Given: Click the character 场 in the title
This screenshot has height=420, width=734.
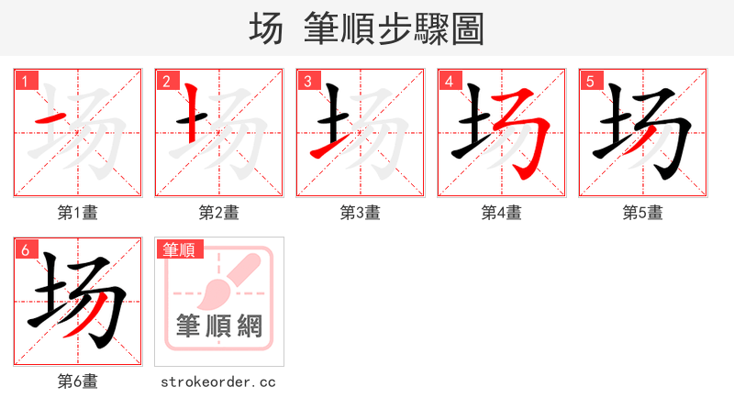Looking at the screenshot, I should (266, 29).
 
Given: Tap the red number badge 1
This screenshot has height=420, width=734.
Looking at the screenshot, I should (25, 81).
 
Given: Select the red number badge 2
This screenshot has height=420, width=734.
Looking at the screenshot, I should (166, 81).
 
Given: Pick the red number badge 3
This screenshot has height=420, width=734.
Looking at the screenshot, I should (307, 81).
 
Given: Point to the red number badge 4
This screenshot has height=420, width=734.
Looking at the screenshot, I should (449, 81).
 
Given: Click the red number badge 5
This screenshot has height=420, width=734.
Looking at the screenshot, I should (590, 81).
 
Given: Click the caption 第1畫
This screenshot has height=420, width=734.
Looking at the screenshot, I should (78, 213).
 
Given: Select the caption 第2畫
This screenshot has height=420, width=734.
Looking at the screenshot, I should (219, 213).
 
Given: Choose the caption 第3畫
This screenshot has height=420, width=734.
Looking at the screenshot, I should (361, 213).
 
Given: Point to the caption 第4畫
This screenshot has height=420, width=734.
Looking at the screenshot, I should (502, 213).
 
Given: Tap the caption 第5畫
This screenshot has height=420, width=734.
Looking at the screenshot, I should (643, 213).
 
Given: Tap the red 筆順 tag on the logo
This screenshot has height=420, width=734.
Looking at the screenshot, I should (180, 249).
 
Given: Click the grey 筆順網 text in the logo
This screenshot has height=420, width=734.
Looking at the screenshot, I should (219, 326).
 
